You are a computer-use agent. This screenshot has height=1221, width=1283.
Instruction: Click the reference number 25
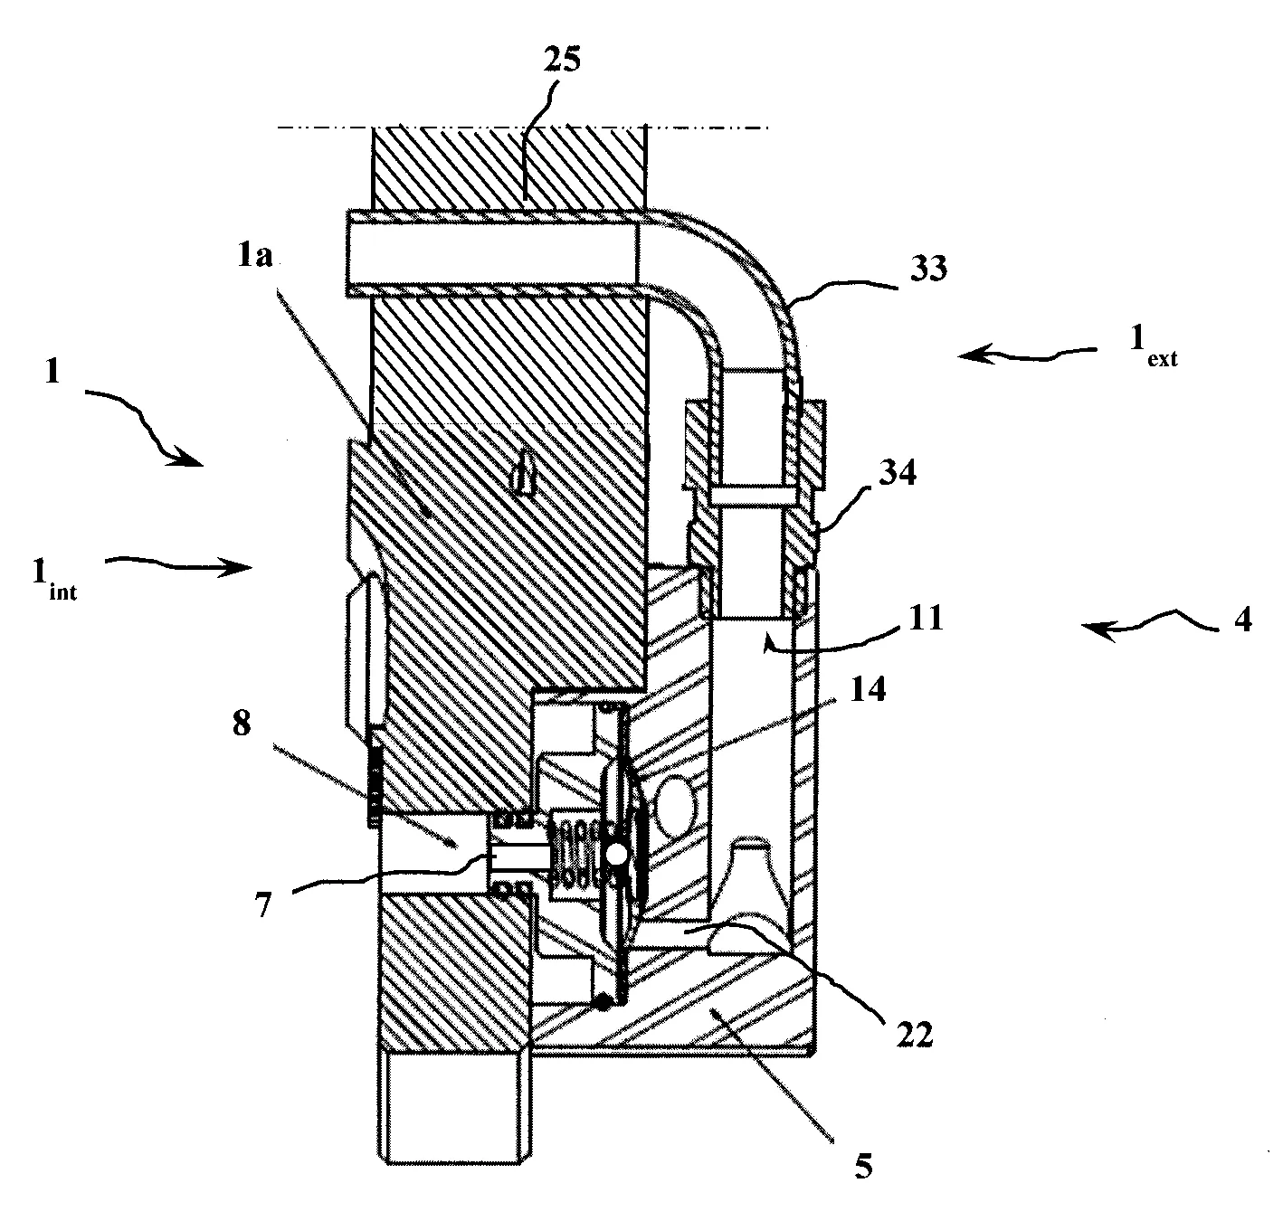[562, 61]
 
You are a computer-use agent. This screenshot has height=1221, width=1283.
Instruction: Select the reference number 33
[928, 268]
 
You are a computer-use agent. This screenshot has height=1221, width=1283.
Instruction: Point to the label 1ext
[1153, 345]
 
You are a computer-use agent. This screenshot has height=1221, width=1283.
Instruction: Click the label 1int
[54, 580]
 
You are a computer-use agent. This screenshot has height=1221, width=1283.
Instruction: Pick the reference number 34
[898, 472]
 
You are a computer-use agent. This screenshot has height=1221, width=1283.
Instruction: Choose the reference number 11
[926, 617]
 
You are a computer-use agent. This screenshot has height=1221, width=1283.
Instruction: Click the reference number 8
[242, 723]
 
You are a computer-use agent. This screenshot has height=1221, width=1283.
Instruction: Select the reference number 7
[263, 905]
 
